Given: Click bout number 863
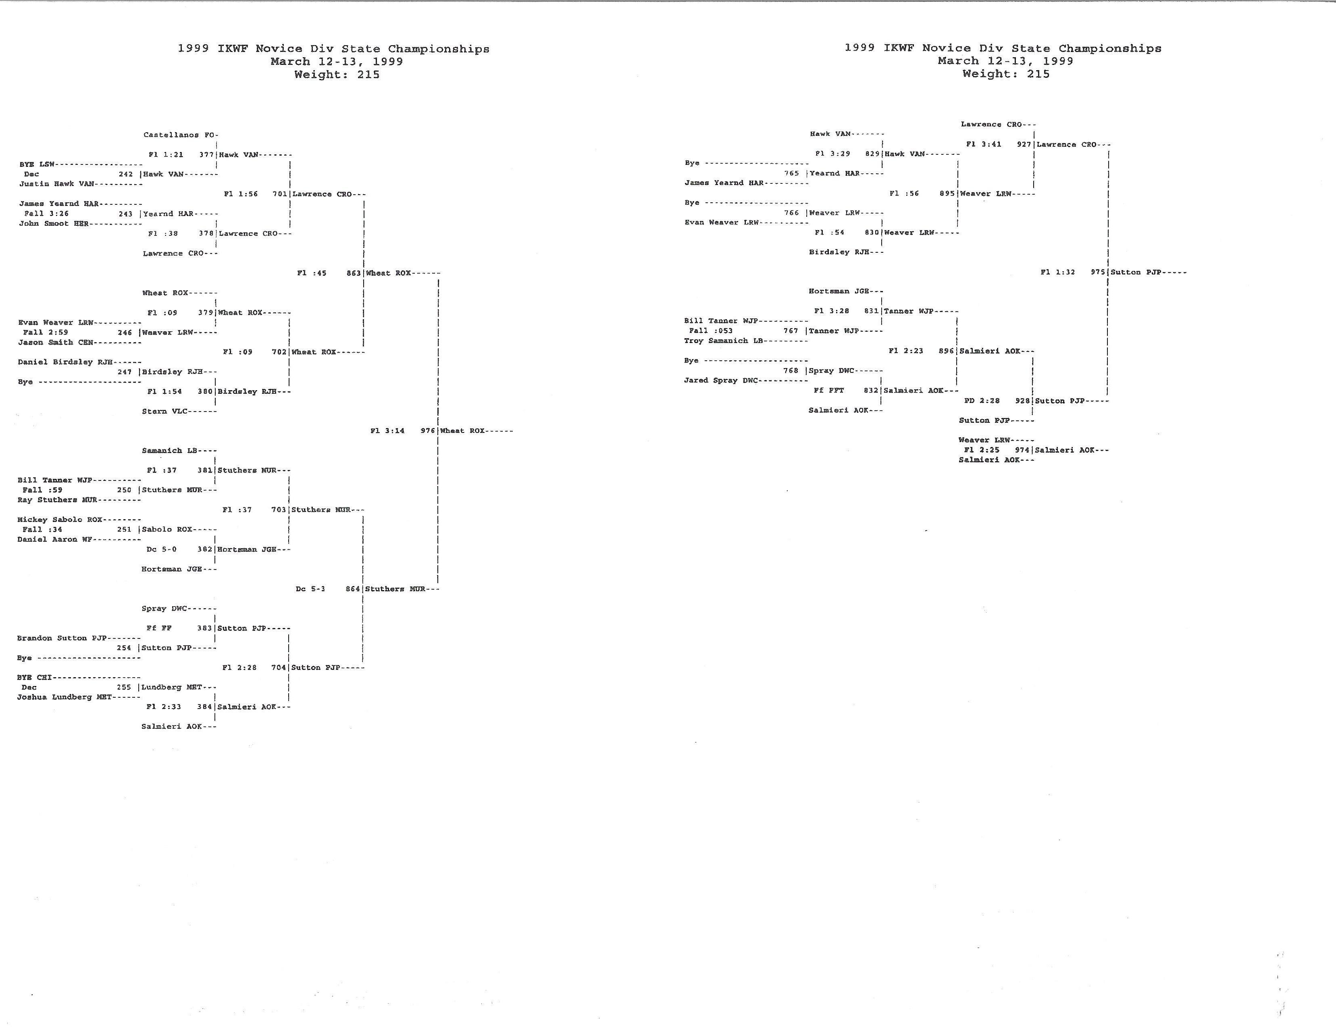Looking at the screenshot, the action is click(x=354, y=273).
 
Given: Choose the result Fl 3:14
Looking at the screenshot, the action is click(x=387, y=431).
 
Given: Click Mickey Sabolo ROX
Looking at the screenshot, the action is click(x=60, y=520).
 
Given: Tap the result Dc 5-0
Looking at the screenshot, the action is click(x=161, y=549).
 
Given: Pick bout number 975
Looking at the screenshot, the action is click(x=1098, y=272).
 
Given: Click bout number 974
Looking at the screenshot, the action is click(x=1022, y=450).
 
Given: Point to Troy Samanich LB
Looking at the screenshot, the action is click(x=724, y=341).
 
